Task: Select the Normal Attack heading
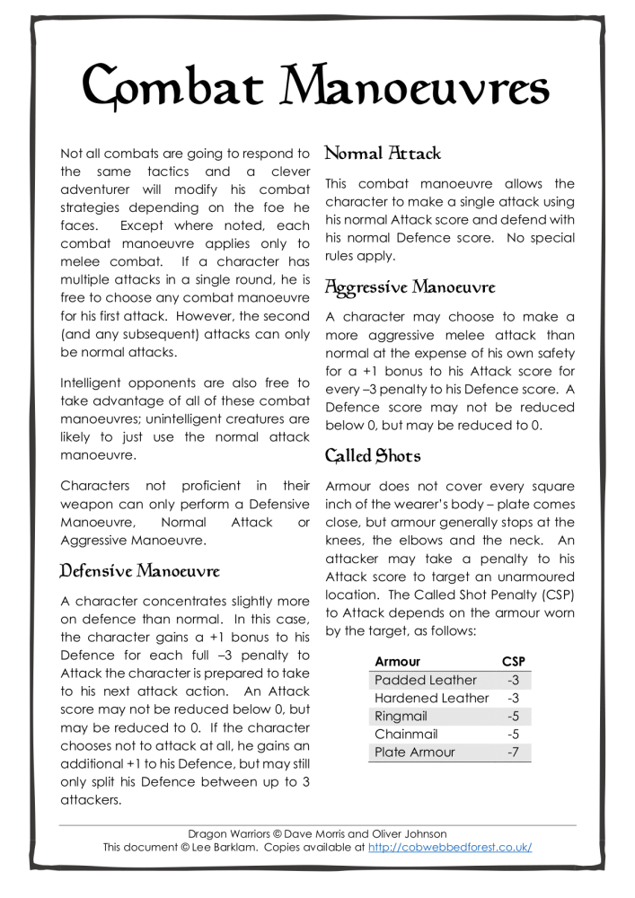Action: pyautogui.click(x=382, y=154)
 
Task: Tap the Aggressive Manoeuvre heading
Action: pyautogui.click(x=409, y=287)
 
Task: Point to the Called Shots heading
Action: pyautogui.click(x=373, y=455)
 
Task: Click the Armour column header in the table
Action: pyautogui.click(x=397, y=662)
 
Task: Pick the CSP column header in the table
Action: pyautogui.click(x=513, y=662)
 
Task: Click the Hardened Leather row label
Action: pyautogui.click(x=431, y=698)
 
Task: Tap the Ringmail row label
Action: pyautogui.click(x=401, y=716)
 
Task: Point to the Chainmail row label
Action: pyautogui.click(x=405, y=734)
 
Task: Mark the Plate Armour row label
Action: pyautogui.click(x=414, y=752)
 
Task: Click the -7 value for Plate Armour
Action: pyautogui.click(x=513, y=752)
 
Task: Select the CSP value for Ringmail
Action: pyautogui.click(x=513, y=716)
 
